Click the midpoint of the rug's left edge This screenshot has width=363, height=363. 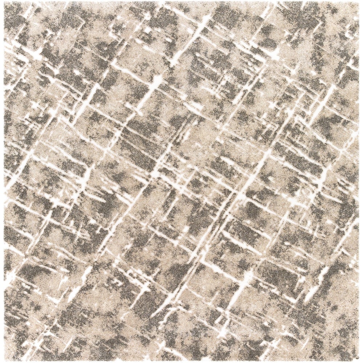[x=4, y=181]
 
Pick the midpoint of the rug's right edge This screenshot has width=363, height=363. [x=359, y=181]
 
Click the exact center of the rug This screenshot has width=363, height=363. [x=181, y=181]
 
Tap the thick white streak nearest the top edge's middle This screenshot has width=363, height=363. [x=189, y=40]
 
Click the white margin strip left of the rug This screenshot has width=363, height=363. [x=1, y=181]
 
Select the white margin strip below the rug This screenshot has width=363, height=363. [x=181, y=362]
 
